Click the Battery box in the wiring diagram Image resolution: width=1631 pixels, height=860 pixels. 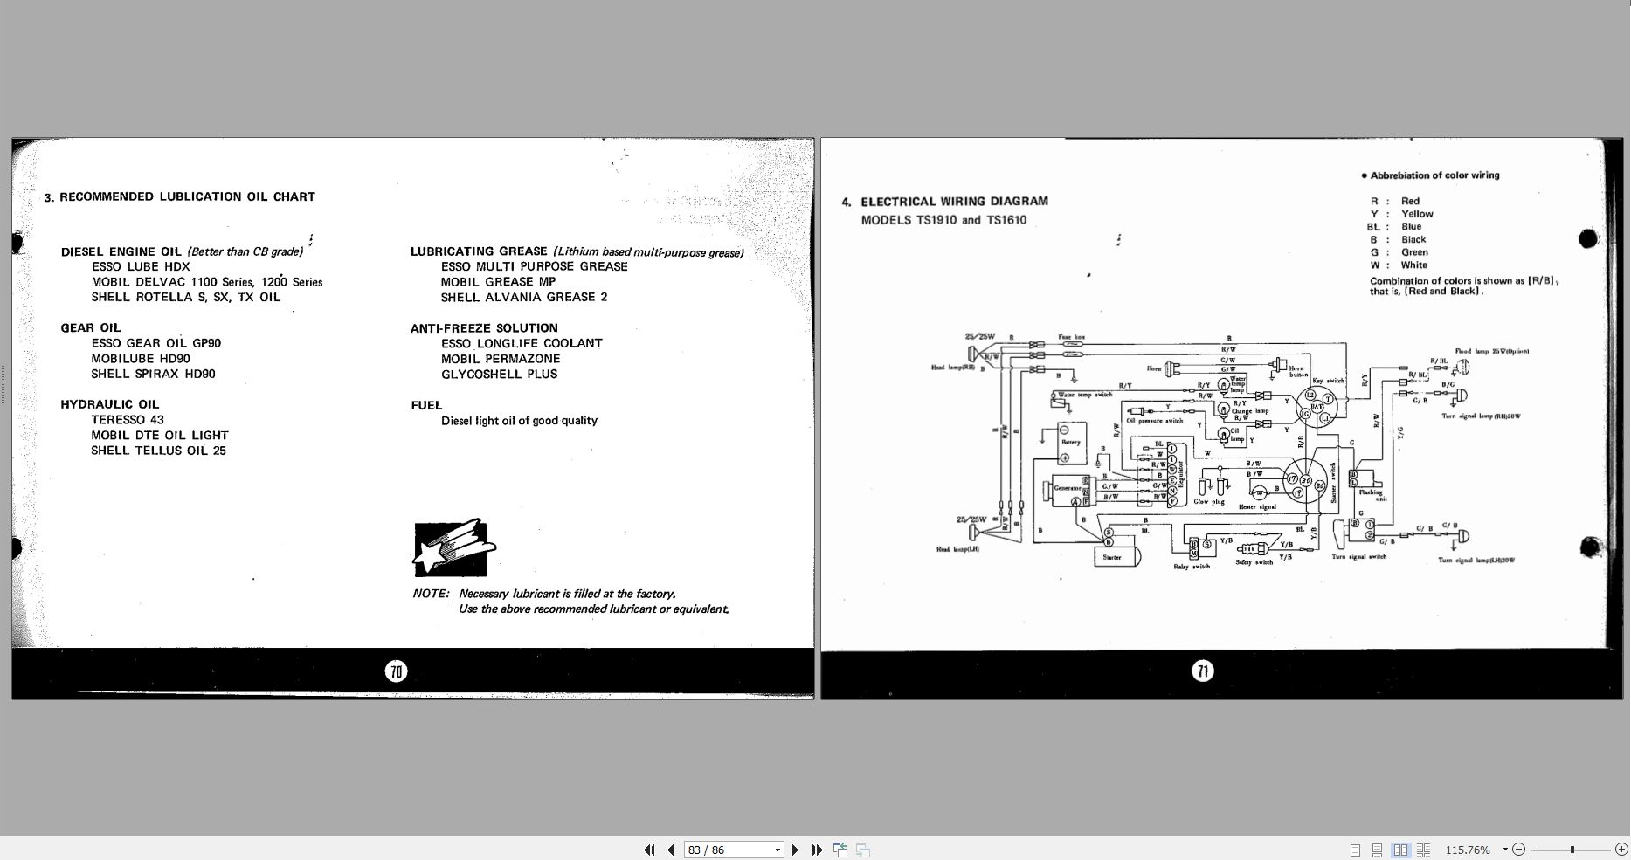click(x=1071, y=436)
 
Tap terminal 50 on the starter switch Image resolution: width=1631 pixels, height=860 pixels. click(x=1320, y=485)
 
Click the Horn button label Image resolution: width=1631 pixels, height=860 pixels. click(x=1297, y=371)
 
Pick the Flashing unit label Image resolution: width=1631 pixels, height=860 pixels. click(x=1371, y=495)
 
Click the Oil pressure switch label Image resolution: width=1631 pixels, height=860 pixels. click(x=1155, y=421)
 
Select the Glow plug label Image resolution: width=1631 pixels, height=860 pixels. click(x=1209, y=502)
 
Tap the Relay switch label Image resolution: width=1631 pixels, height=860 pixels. click(x=1192, y=567)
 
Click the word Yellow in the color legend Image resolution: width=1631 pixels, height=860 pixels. click(x=1417, y=214)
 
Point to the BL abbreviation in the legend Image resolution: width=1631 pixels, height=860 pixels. click(x=1373, y=227)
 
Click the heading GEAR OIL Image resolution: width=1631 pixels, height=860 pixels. click(x=91, y=328)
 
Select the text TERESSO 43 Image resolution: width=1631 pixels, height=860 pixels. click(x=128, y=420)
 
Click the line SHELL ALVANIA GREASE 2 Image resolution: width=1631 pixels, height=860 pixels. click(x=524, y=298)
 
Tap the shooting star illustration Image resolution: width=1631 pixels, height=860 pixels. click(x=453, y=547)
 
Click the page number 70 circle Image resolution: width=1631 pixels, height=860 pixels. click(x=397, y=671)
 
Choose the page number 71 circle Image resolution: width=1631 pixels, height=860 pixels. click(x=1203, y=671)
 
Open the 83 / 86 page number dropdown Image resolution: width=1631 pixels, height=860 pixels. click(x=777, y=850)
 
